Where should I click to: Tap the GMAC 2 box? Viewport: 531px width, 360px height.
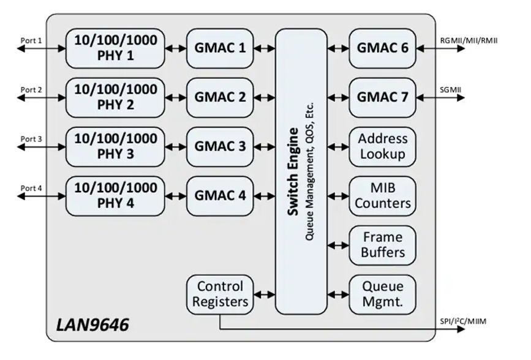[220, 97]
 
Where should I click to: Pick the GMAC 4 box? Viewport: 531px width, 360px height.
[220, 196]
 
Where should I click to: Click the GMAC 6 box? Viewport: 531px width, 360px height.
[383, 48]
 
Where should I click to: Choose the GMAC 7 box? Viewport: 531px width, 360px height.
[383, 97]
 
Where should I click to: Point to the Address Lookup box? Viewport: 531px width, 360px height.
[383, 146]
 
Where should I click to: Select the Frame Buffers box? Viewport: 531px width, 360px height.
[383, 245]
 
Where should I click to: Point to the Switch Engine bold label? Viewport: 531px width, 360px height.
[293, 171]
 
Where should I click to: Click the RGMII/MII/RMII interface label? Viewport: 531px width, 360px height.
[469, 40]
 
